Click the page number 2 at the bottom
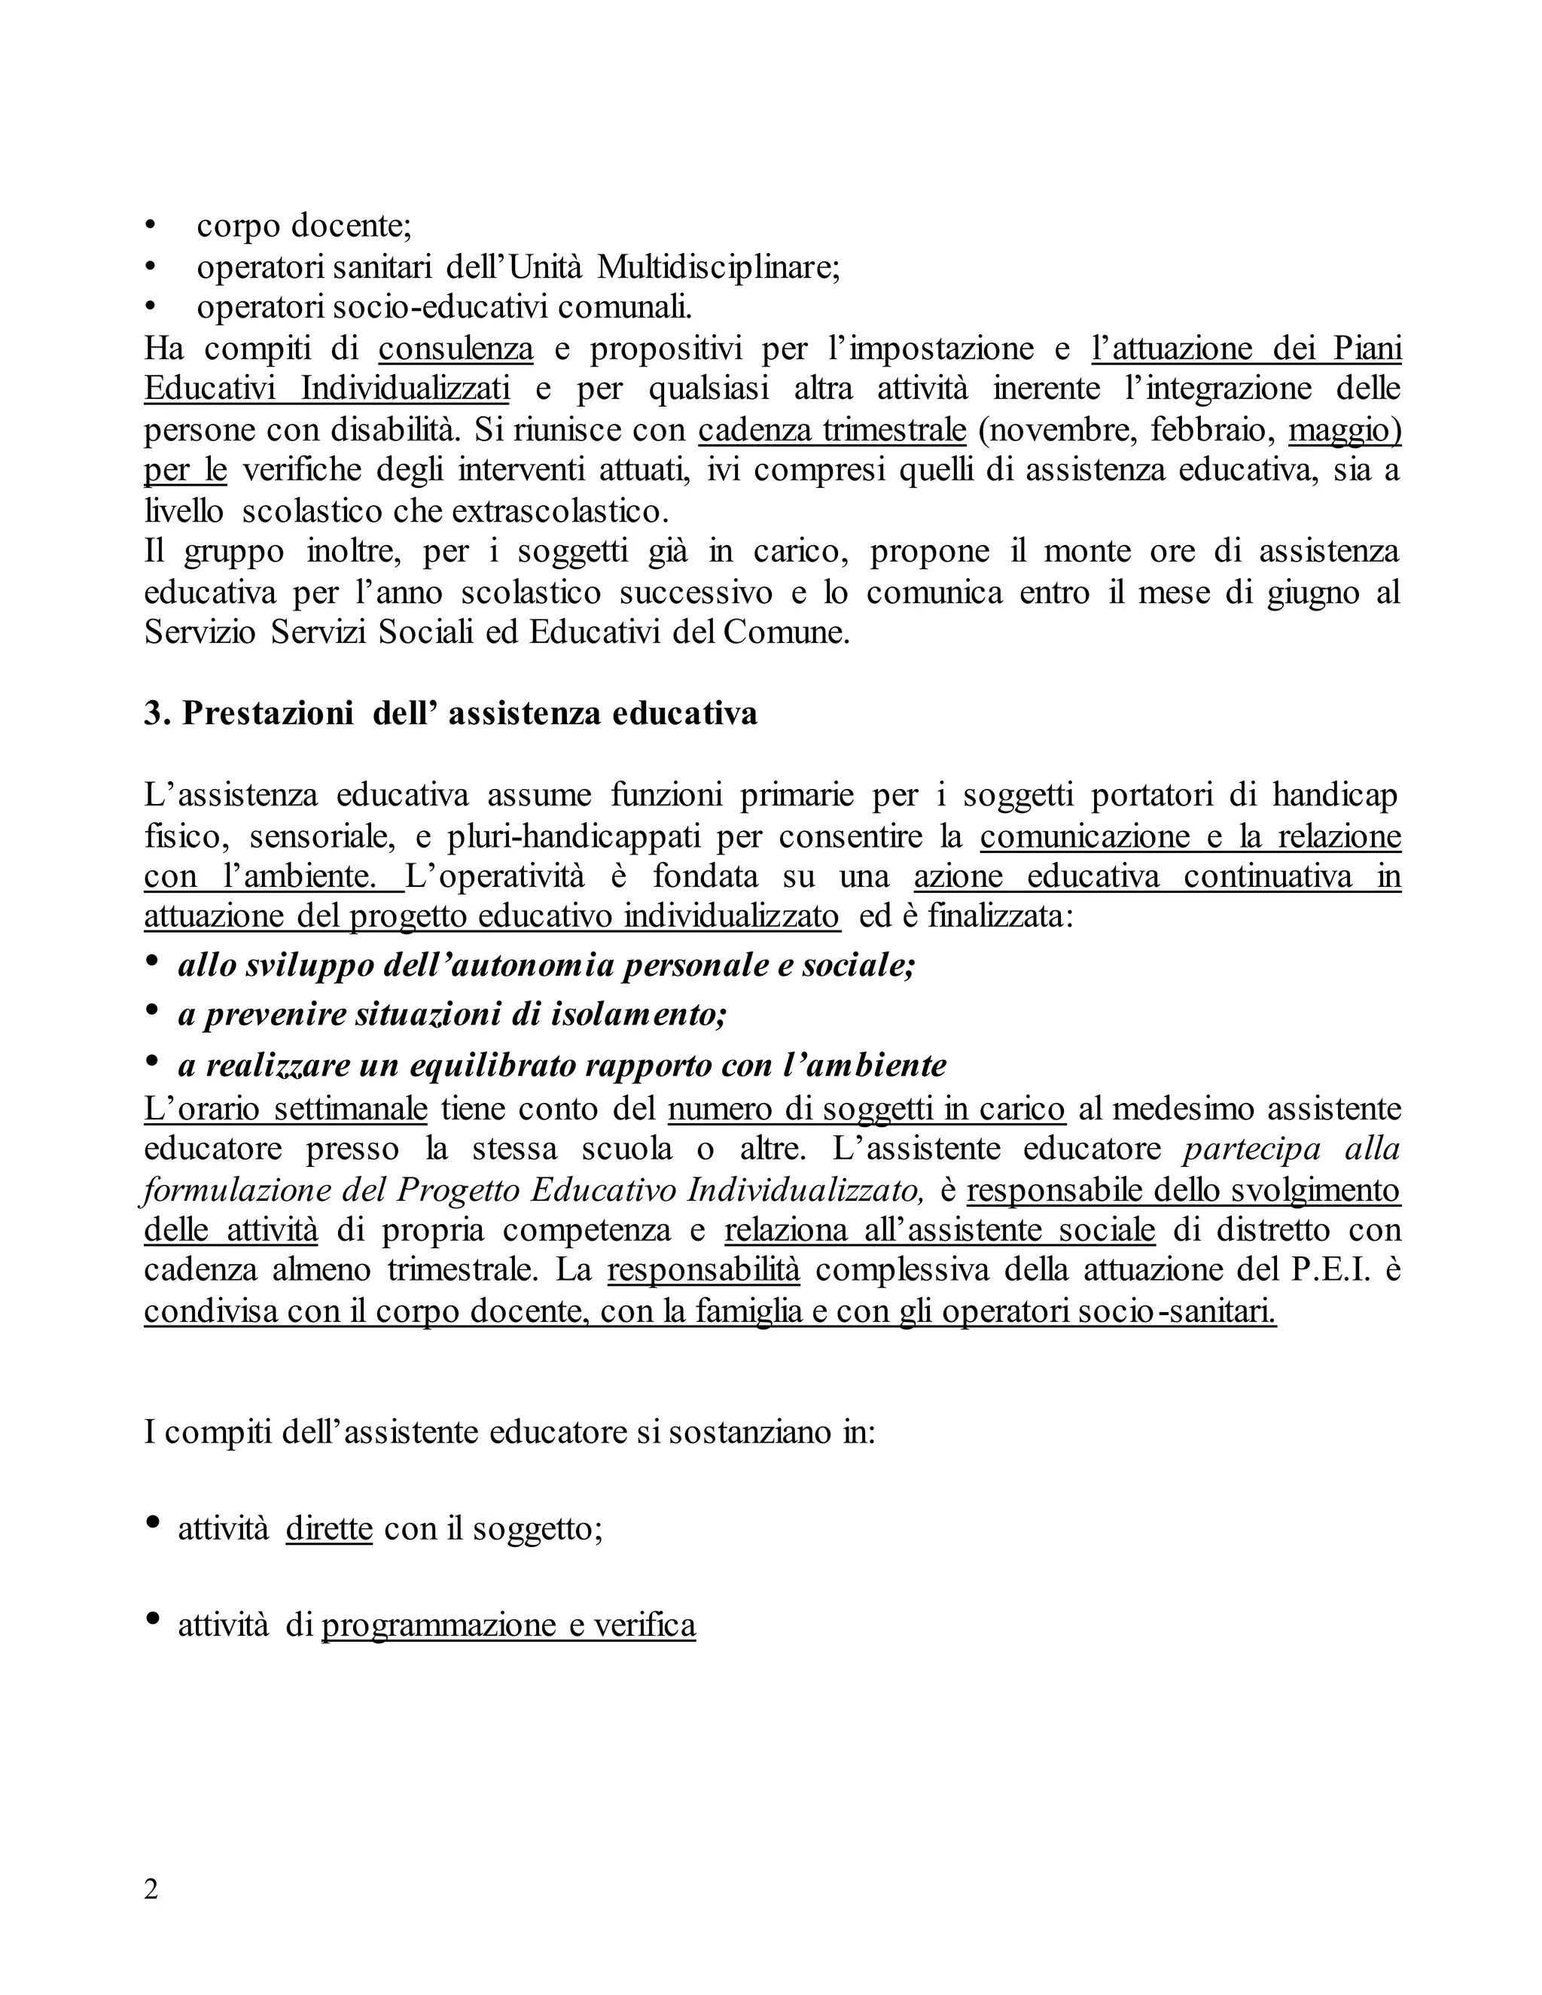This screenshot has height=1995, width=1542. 151,1889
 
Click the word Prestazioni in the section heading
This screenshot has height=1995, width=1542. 267,714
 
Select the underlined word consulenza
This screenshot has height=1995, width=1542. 456,349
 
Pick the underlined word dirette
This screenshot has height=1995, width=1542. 329,1528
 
